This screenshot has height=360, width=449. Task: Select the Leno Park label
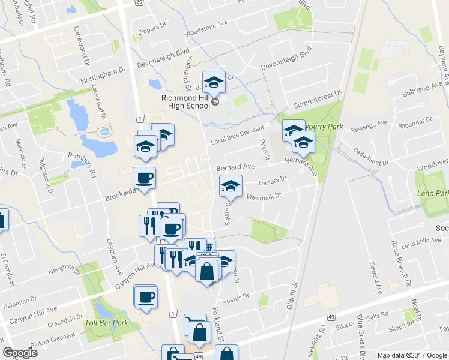click(x=433, y=194)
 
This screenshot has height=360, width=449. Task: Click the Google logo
click(x=20, y=353)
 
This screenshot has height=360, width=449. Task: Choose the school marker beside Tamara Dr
click(x=230, y=186)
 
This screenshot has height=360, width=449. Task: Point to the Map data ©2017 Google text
click(x=412, y=355)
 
